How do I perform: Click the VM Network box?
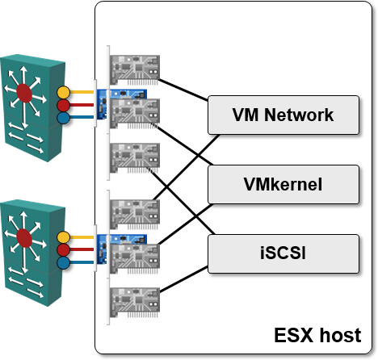pos(283,115)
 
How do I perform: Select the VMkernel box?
pos(283,184)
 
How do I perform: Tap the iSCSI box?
pos(283,253)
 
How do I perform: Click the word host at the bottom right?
pos(340,335)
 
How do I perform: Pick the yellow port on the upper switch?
pos(64,92)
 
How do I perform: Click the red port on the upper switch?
pos(64,105)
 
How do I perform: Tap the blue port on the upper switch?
pos(64,118)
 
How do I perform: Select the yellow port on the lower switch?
pos(64,237)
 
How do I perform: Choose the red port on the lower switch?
pos(64,250)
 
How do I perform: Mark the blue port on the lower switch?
pos(64,262)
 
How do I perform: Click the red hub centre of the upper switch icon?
pos(24,93)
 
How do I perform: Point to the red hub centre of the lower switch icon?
pos(24,238)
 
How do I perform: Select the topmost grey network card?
pos(135,70)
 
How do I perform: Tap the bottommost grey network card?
pos(135,303)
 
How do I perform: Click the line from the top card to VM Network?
pos(183,90)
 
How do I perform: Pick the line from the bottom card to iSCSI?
pos(183,279)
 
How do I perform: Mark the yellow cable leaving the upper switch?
pos(82,92)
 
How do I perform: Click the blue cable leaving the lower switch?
pos(82,262)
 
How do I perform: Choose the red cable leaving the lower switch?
pos(82,249)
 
